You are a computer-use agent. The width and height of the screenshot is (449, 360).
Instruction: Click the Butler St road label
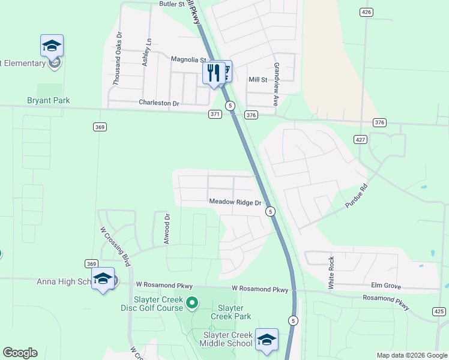click(172, 4)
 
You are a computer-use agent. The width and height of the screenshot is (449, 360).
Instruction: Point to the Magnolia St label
click(188, 60)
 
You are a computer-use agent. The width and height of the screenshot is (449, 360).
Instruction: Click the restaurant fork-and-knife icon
click(213, 73)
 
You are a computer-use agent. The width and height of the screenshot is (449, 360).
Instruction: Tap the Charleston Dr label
click(159, 103)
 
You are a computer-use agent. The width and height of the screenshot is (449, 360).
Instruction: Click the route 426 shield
click(366, 12)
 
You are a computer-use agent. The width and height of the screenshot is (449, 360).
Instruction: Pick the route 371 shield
click(215, 114)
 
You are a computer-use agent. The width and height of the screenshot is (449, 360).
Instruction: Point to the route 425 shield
click(439, 311)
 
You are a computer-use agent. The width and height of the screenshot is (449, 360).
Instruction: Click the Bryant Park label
click(49, 101)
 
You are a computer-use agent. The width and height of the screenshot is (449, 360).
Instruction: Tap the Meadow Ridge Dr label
click(236, 203)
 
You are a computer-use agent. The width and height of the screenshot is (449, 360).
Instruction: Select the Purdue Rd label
click(355, 196)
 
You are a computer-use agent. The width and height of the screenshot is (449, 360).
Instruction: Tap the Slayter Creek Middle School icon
click(267, 340)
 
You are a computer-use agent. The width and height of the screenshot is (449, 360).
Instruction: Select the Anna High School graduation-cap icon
click(103, 278)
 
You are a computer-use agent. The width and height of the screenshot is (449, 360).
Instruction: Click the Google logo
click(20, 353)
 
